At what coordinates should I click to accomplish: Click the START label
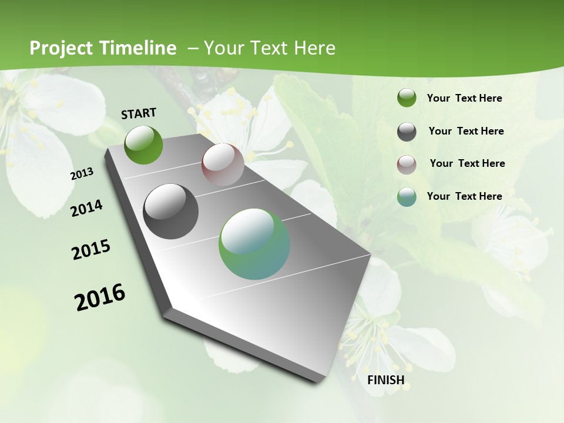[x=139, y=113]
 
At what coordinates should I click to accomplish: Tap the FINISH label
[x=385, y=380]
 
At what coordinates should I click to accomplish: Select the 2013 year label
[x=82, y=174]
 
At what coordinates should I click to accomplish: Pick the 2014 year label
[x=86, y=208]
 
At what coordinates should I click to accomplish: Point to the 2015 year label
[x=91, y=250]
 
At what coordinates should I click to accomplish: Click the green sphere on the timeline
[x=143, y=145]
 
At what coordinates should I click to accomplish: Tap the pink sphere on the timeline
[x=223, y=164]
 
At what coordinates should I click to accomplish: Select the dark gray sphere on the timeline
[x=170, y=211]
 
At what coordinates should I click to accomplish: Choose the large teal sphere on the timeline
[x=254, y=244]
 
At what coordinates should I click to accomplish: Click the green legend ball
[x=407, y=98]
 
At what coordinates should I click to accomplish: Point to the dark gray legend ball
[x=407, y=132]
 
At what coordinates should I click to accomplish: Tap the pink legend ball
[x=407, y=164]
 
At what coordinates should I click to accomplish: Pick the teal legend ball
[x=407, y=197]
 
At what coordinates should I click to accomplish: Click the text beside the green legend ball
[x=464, y=98]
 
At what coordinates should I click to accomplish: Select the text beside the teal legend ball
[x=464, y=196]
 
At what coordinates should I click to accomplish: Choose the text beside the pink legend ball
[x=467, y=163]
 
